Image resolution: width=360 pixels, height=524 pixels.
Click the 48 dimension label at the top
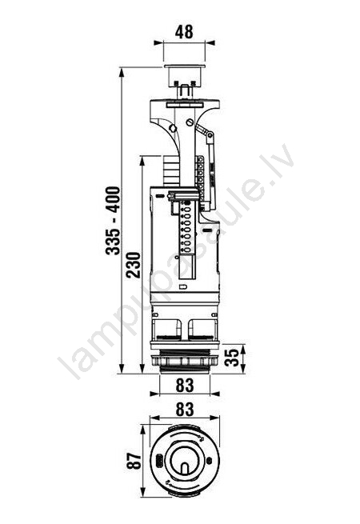(184, 32)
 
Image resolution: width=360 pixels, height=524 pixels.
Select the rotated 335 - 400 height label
(113, 221)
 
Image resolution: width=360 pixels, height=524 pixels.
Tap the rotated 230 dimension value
(134, 266)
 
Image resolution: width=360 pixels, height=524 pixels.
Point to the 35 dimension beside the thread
(232, 358)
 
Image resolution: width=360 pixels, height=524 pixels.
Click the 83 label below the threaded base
(185, 385)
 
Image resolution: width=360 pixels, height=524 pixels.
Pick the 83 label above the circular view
(185, 409)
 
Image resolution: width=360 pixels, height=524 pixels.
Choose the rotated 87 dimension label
(134, 461)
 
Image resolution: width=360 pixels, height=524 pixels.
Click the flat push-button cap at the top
(184, 66)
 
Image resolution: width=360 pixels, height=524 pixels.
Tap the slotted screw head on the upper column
(190, 122)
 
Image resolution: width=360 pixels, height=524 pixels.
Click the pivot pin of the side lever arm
(210, 135)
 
